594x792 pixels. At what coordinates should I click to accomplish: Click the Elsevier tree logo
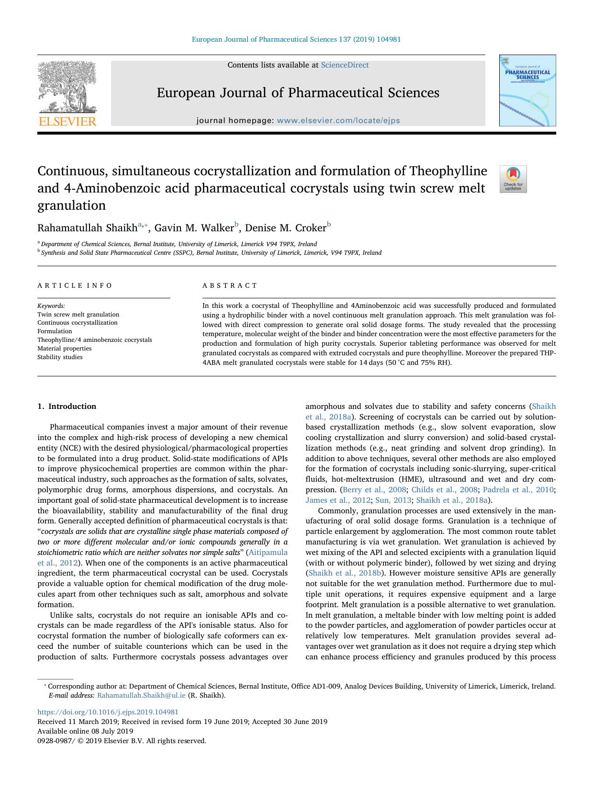[x=67, y=93]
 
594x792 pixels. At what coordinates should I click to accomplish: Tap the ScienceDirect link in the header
[x=345, y=65]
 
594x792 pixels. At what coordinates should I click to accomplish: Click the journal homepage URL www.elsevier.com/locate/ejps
[x=338, y=121]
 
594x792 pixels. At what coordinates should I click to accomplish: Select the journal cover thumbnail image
[x=527, y=91]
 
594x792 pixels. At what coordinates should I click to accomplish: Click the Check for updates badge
[x=513, y=179]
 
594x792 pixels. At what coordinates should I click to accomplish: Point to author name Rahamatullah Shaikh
[x=87, y=227]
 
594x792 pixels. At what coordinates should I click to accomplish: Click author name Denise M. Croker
[x=285, y=227]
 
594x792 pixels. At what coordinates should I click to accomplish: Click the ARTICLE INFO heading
[x=75, y=285]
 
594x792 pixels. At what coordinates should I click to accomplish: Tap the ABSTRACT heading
[x=230, y=285]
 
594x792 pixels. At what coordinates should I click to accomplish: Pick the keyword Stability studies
[x=60, y=357]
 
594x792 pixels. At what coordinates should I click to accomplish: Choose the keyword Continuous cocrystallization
[x=77, y=323]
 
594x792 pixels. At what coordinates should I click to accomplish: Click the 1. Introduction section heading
[x=67, y=407]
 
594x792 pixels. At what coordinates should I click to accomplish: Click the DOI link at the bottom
[x=108, y=712]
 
